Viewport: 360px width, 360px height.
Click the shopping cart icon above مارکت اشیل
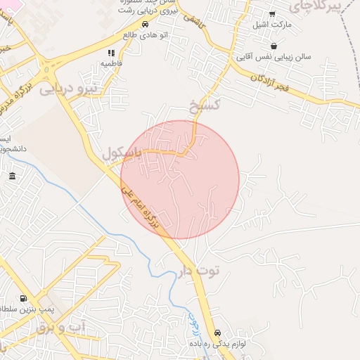[x=272, y=14]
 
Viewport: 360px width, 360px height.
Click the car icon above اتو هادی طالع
[x=145, y=23]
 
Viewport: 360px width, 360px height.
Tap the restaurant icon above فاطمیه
[x=110, y=53]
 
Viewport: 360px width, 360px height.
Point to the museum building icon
[x=13, y=176]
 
